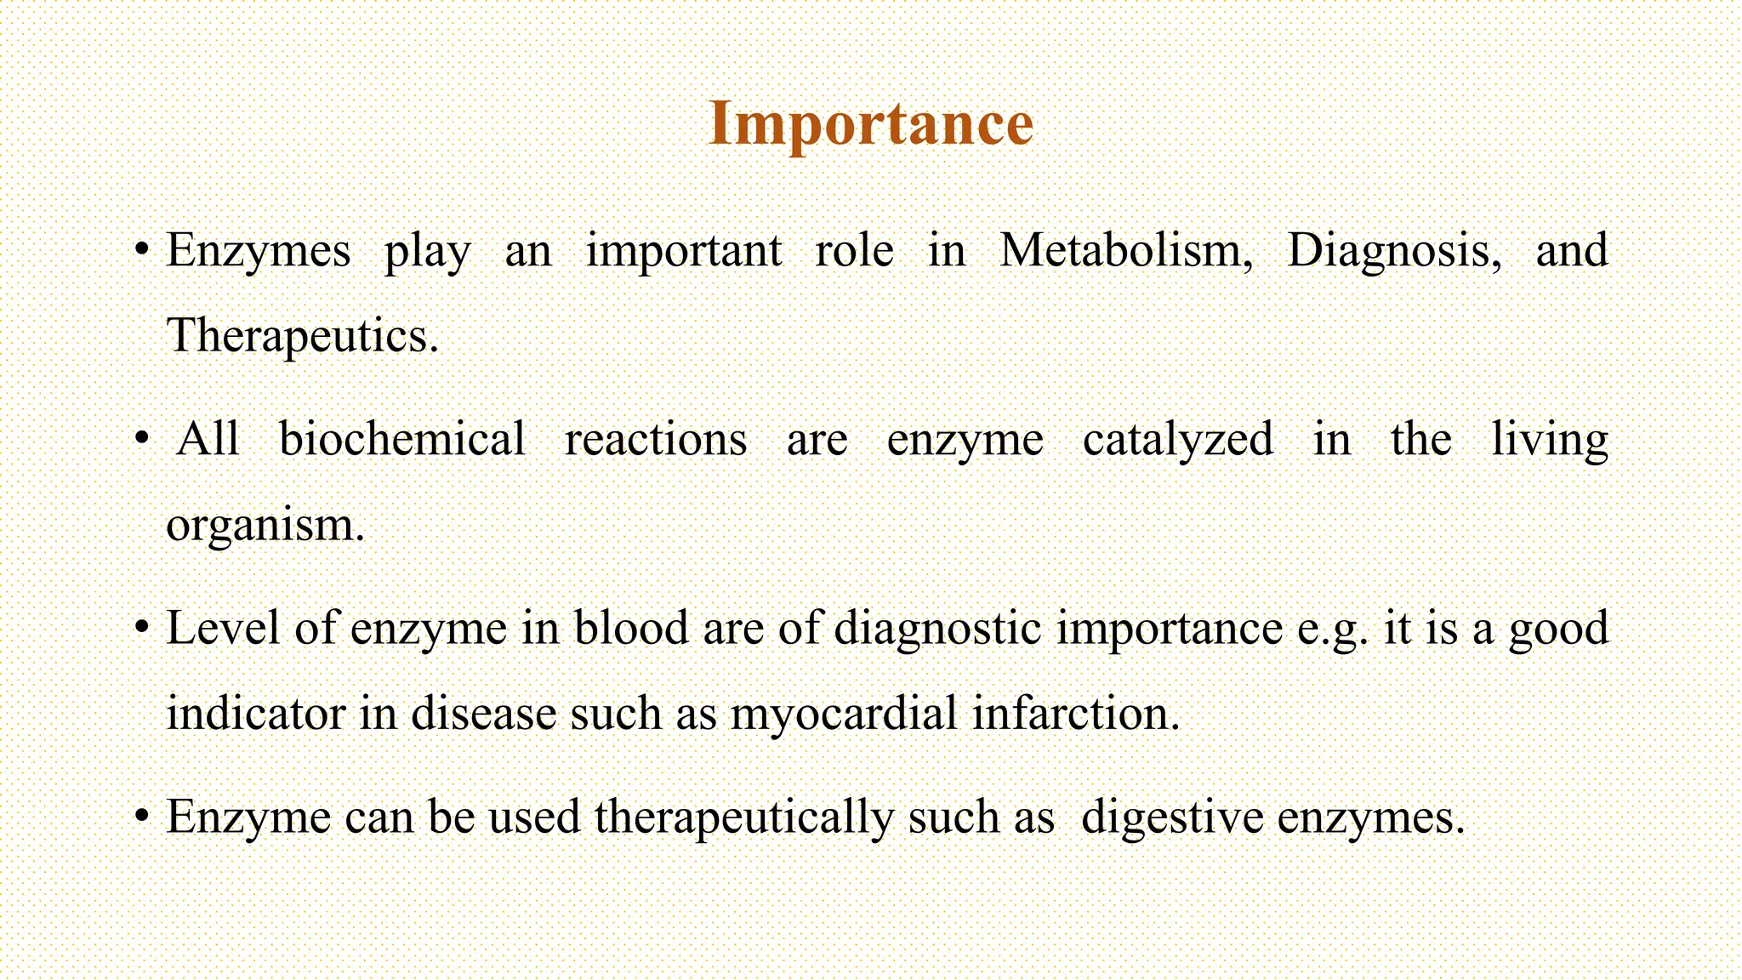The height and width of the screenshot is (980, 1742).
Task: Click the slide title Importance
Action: (x=870, y=124)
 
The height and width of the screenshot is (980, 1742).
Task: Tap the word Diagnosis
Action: (x=1394, y=251)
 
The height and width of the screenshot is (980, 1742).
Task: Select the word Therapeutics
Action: (x=302, y=336)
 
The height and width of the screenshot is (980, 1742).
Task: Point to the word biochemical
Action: (x=401, y=440)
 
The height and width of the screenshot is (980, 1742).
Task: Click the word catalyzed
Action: (x=1177, y=440)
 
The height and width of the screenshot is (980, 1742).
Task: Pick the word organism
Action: (x=265, y=526)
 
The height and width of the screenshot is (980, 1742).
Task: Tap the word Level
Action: (x=223, y=629)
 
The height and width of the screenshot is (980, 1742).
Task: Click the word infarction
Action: (x=1076, y=714)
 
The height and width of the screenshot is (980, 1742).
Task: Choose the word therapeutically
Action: (x=744, y=818)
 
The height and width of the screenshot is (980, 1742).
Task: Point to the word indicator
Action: (x=255, y=714)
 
